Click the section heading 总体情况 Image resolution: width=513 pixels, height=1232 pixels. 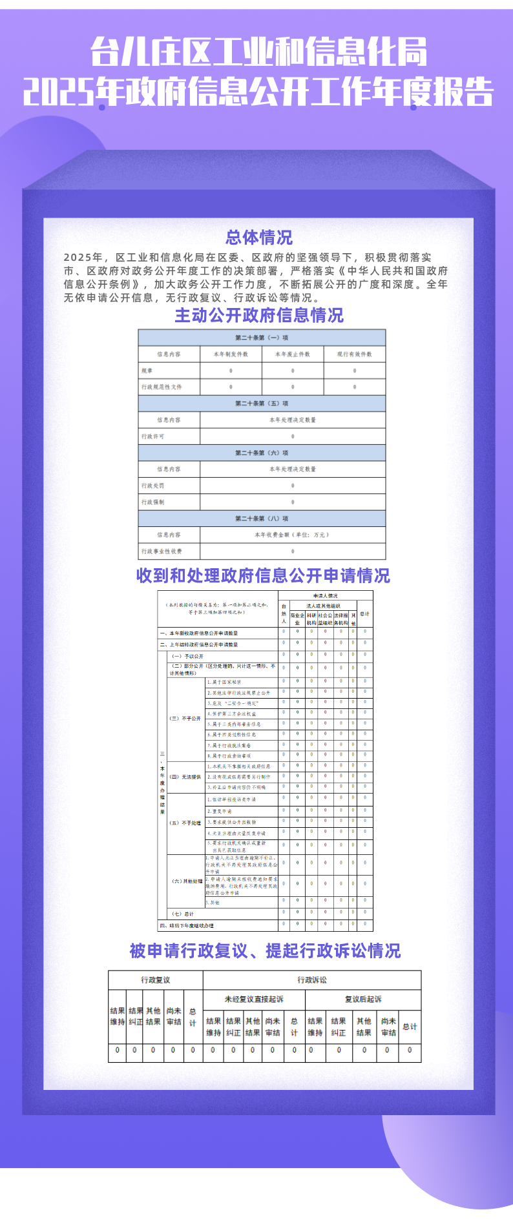[258, 238]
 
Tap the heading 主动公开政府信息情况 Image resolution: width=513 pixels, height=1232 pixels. [259, 315]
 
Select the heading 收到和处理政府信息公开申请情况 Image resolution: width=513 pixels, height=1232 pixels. [263, 575]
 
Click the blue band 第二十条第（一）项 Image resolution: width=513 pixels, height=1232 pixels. [262, 338]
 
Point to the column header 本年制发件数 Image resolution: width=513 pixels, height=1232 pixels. [231, 354]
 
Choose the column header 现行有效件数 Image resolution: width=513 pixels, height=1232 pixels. [354, 354]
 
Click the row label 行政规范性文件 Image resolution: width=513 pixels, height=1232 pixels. [162, 387]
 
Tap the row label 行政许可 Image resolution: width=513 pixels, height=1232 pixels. [153, 436]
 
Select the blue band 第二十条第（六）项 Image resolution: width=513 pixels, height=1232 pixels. [262, 453]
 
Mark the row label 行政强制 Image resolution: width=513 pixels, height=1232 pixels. [153, 502]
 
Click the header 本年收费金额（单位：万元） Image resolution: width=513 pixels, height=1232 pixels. [292, 535]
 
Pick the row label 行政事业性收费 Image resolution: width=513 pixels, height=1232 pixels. [162, 551]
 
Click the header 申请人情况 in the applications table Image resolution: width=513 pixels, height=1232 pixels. [326, 595]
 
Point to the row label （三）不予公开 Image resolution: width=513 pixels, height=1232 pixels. [185, 718]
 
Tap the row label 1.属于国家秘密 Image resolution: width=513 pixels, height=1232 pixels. [224, 682]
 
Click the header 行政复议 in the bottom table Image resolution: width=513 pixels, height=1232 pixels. [156, 980]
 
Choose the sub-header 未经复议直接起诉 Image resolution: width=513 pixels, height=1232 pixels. [254, 999]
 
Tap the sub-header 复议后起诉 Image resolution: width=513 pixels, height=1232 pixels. [363, 999]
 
